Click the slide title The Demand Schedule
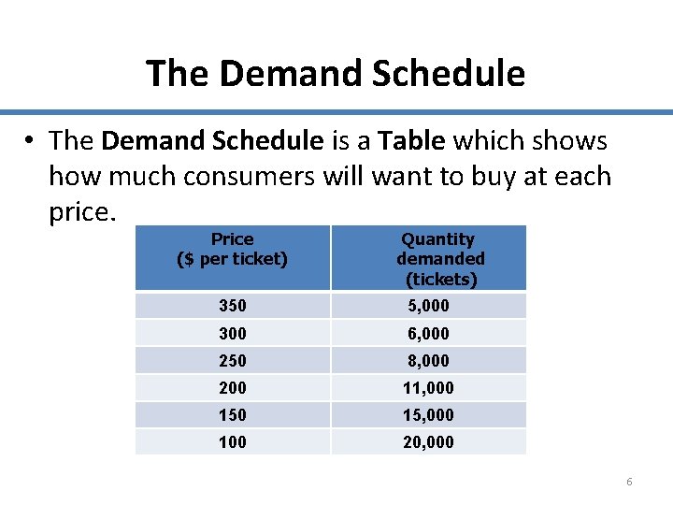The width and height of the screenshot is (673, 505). (x=336, y=73)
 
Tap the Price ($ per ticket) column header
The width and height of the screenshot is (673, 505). (x=232, y=250)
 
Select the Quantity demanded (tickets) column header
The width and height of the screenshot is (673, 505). (x=440, y=259)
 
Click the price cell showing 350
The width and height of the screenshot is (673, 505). (x=233, y=306)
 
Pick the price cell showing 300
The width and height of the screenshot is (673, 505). (x=233, y=334)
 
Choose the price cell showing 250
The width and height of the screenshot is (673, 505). (x=233, y=361)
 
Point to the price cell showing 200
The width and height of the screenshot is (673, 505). (x=233, y=388)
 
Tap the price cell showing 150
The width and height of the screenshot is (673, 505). (x=233, y=415)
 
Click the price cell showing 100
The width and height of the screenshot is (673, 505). (x=233, y=442)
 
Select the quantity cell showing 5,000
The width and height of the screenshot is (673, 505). (x=428, y=306)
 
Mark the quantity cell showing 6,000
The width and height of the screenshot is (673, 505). (x=428, y=334)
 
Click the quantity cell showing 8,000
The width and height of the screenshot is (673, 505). (x=428, y=361)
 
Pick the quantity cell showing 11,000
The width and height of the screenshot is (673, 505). (x=428, y=388)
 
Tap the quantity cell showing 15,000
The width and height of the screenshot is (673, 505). (x=428, y=415)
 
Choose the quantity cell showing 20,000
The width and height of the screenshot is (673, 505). (x=428, y=442)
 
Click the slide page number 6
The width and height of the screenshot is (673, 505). (x=629, y=482)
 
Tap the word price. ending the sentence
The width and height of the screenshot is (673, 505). (x=82, y=212)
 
